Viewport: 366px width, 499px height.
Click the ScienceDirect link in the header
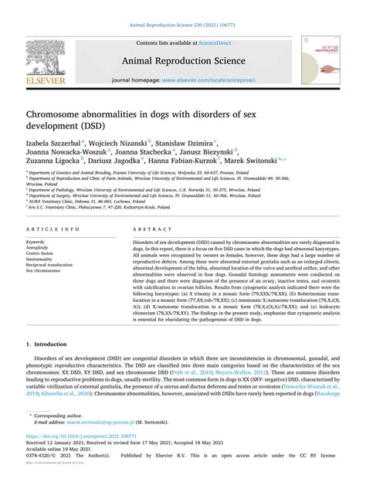[198, 44]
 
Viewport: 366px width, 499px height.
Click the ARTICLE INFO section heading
[53, 231]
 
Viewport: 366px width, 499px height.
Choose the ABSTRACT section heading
[151, 231]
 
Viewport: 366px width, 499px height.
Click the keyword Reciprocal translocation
[53, 265]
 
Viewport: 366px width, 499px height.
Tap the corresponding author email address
[103, 444]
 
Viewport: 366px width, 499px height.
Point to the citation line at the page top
[182, 25]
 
